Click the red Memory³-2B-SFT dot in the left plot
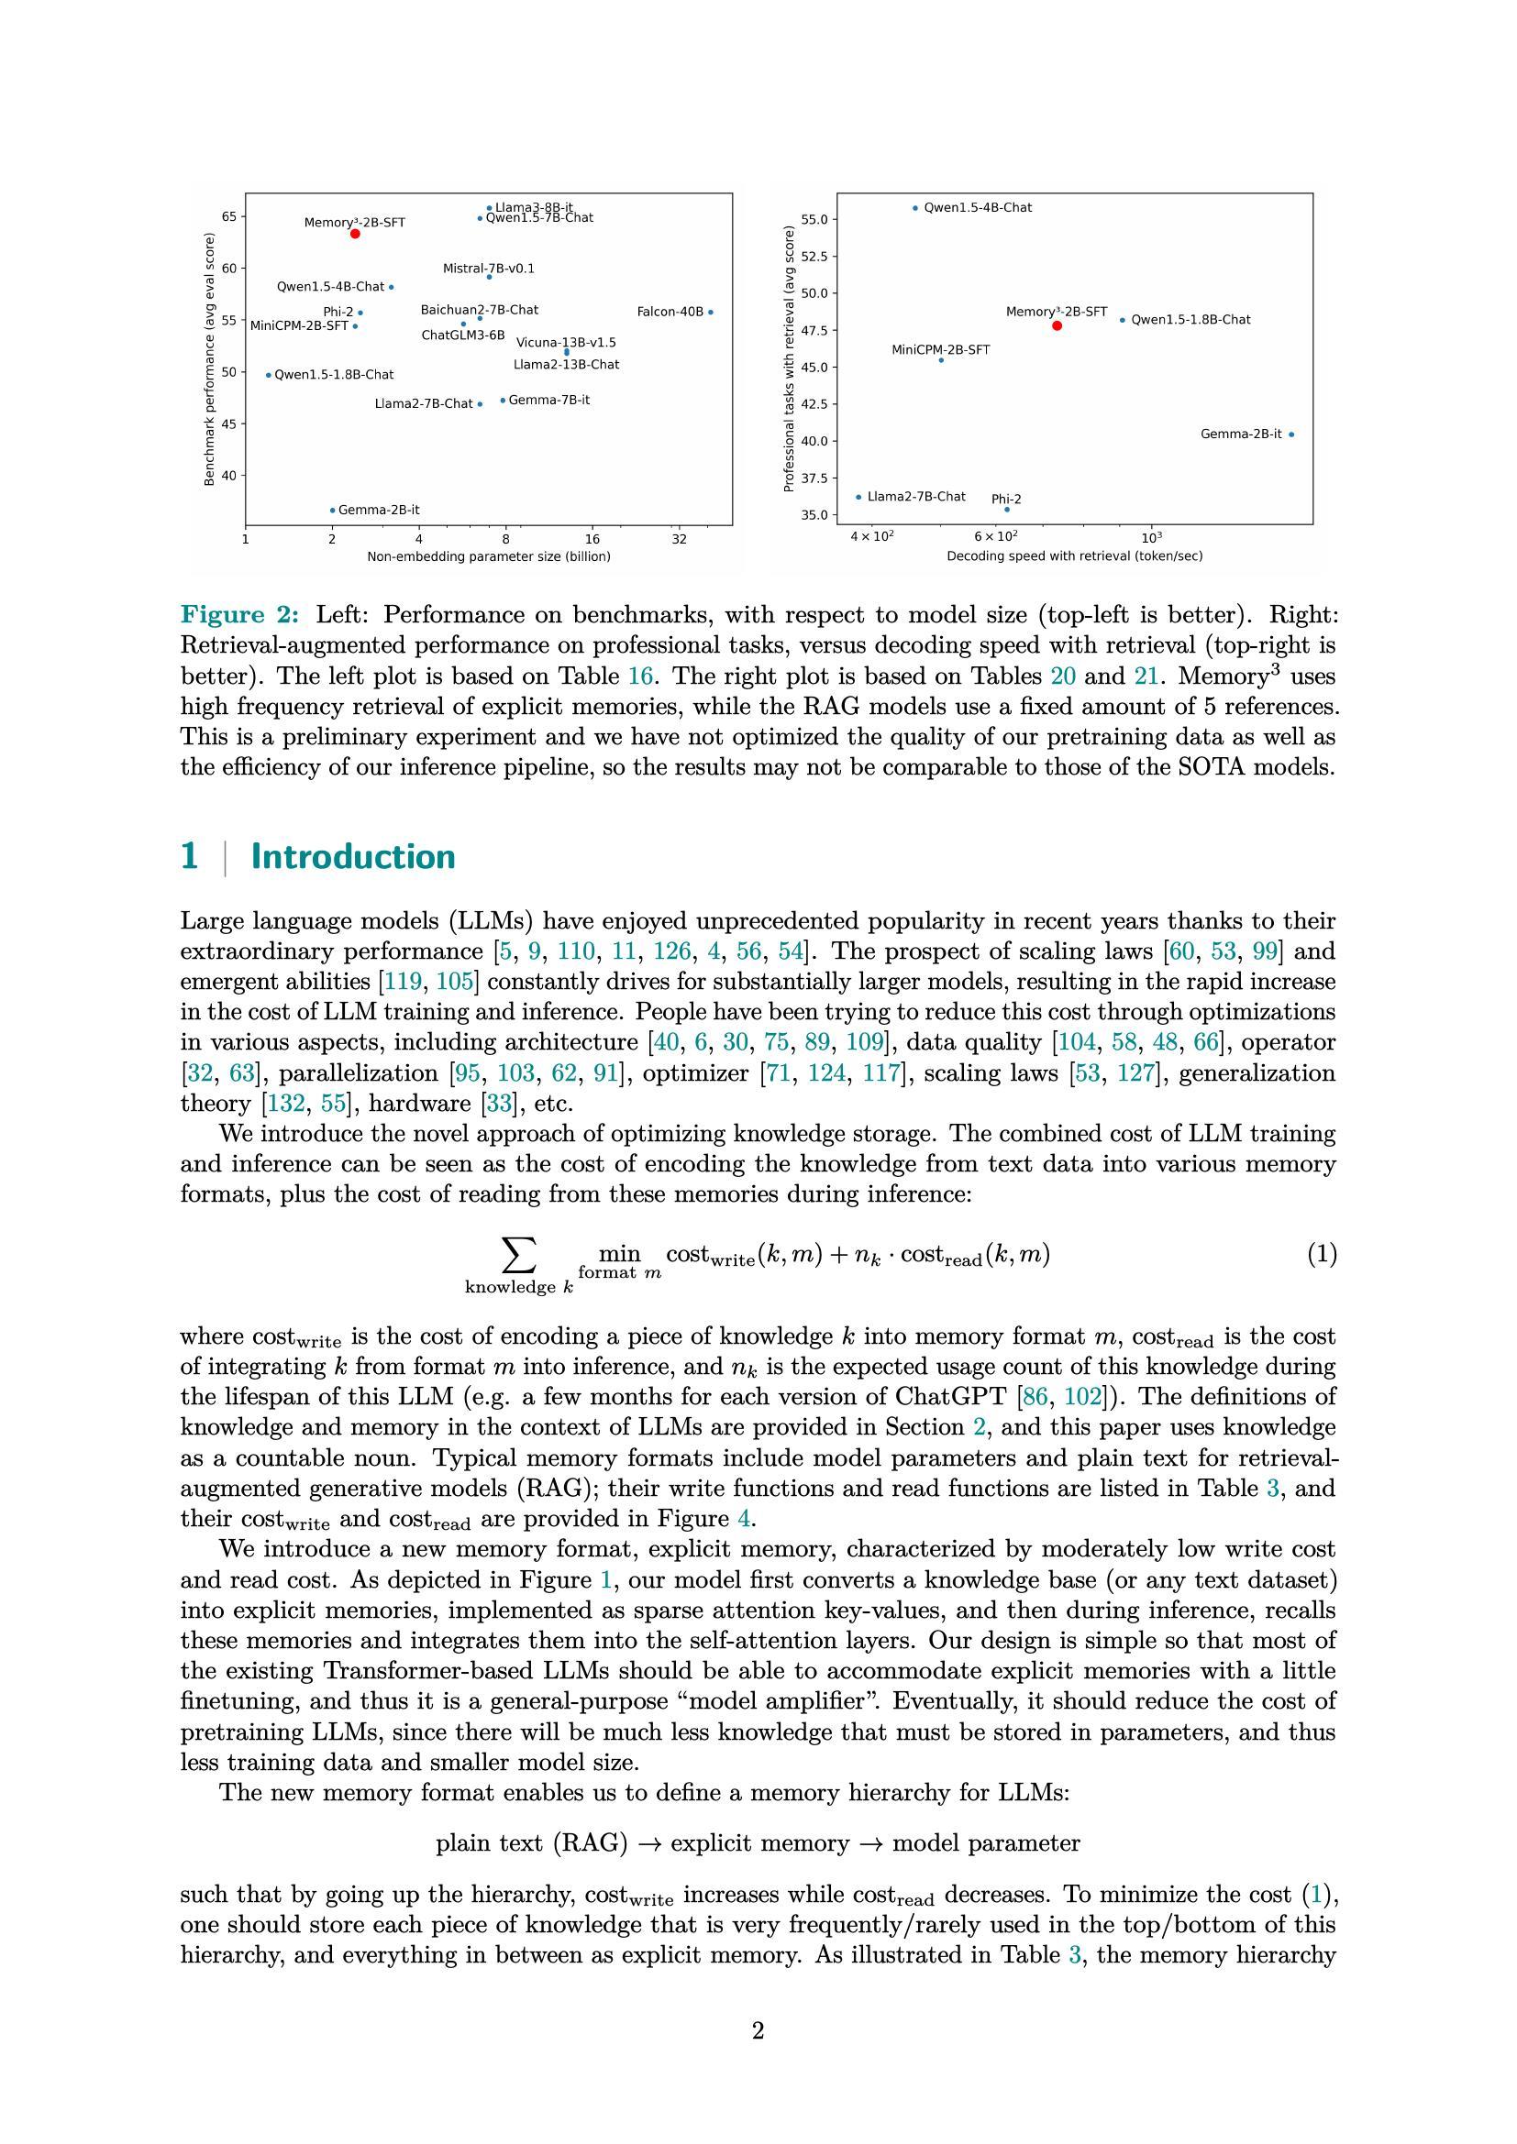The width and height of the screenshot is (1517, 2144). point(355,234)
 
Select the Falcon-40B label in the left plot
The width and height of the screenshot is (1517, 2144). point(670,312)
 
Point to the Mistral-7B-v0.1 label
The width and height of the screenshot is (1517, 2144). point(489,269)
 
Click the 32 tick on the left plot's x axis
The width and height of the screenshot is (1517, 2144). point(679,539)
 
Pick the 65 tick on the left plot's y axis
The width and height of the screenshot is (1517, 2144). point(229,216)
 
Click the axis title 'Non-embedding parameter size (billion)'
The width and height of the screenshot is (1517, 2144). point(489,556)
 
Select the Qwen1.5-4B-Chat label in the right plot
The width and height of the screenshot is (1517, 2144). point(978,208)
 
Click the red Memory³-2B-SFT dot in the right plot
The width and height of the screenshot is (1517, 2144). point(1057,326)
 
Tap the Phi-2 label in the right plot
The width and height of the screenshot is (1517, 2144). point(1006,500)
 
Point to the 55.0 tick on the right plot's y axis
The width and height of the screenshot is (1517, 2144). point(815,219)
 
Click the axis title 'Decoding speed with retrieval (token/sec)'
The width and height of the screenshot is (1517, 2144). point(1074,556)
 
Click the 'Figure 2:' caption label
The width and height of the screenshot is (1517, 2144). point(240,614)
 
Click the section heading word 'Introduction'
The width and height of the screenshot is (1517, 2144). point(353,856)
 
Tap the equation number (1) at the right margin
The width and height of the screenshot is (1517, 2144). point(1321,1254)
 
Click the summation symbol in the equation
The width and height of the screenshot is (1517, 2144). point(518,1255)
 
